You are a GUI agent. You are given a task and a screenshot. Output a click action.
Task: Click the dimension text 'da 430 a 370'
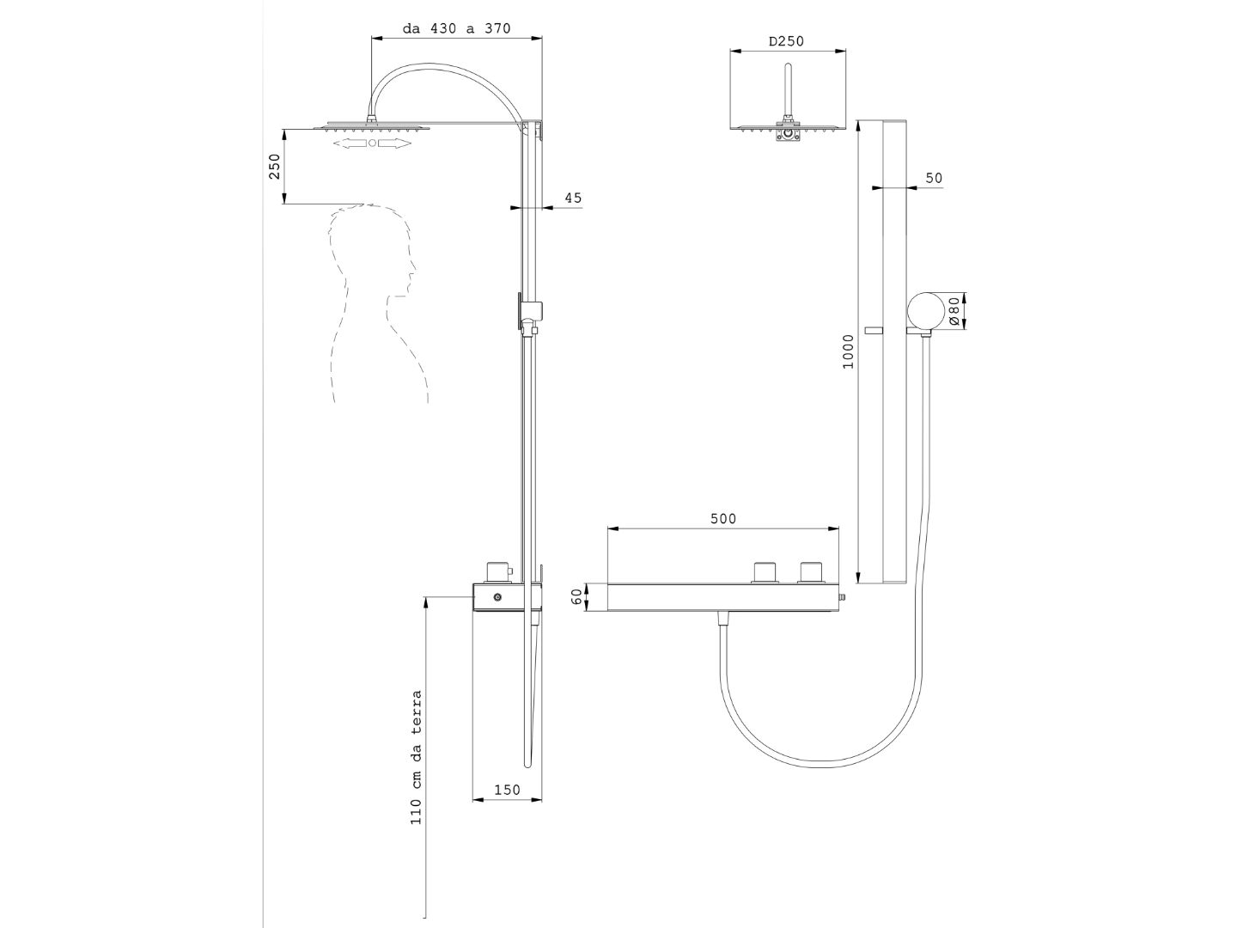tap(456, 28)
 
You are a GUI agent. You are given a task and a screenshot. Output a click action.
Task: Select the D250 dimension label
tap(786, 41)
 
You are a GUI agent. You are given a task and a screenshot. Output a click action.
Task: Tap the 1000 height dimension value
tap(849, 351)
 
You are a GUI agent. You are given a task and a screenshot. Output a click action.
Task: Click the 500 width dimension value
tap(723, 518)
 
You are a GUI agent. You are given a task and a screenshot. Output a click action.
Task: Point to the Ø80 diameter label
tap(953, 311)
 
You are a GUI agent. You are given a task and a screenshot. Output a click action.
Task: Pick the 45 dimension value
tap(573, 198)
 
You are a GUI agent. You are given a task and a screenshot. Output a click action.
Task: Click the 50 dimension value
tap(934, 178)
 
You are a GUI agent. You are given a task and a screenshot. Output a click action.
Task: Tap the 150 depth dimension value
tap(507, 790)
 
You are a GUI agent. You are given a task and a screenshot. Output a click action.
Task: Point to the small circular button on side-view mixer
tap(497, 597)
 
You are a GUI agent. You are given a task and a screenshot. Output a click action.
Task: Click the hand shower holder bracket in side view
tap(530, 312)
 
